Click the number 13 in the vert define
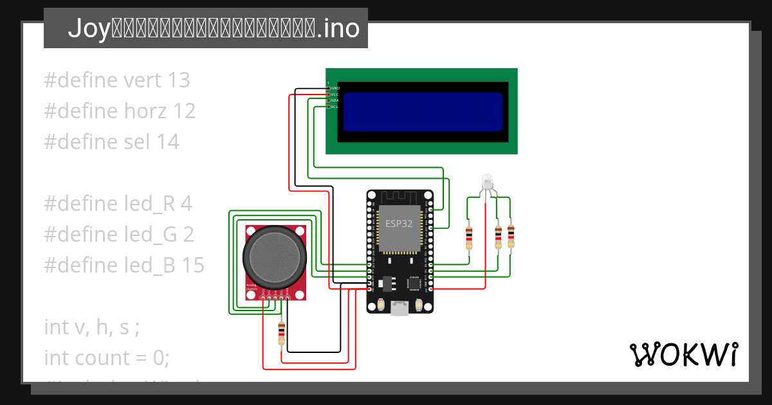coord(178,80)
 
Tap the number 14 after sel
coord(168,142)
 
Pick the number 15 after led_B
coord(192,265)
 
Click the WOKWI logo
coord(683,354)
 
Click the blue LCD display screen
coord(422,112)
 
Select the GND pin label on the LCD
coord(335,87)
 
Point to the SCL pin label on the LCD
coord(335,107)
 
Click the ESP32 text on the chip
coord(400,224)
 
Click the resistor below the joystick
coord(281,333)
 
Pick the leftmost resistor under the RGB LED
coord(469,237)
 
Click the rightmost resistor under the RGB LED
coord(511,236)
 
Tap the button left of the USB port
coord(382,304)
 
